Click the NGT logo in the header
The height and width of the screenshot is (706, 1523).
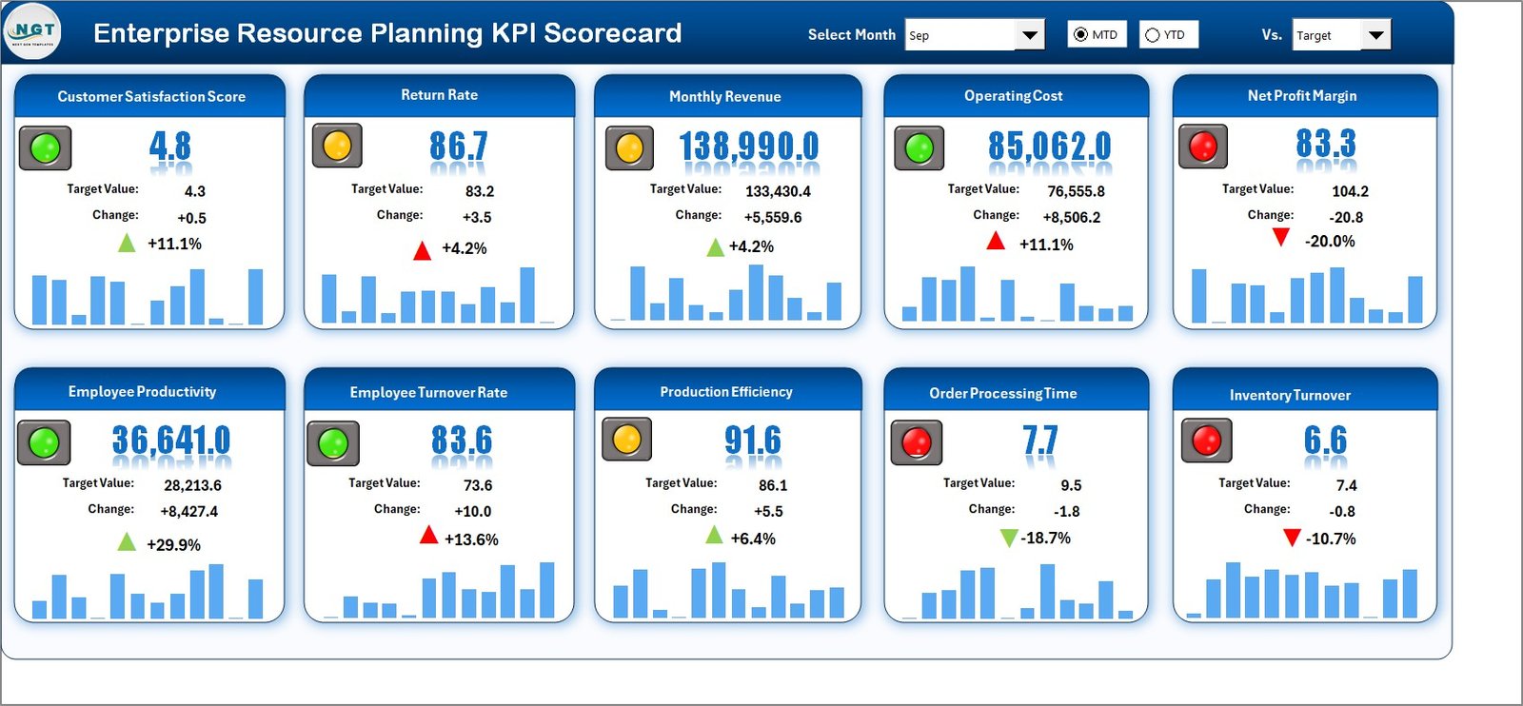(x=33, y=31)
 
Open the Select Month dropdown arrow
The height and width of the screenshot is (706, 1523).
(x=1029, y=35)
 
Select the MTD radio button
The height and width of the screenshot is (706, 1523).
(x=1080, y=35)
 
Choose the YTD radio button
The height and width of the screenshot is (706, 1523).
(x=1153, y=35)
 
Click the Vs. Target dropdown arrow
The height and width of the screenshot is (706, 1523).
(x=1375, y=35)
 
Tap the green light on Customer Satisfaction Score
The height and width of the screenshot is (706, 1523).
(x=45, y=148)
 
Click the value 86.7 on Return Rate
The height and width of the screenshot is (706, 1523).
(x=458, y=146)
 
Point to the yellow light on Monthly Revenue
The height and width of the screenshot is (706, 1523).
(x=629, y=148)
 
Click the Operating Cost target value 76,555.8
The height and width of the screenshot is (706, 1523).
(x=1076, y=191)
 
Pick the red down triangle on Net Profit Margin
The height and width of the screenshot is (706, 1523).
(x=1281, y=237)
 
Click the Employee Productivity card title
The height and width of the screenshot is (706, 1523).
(x=142, y=392)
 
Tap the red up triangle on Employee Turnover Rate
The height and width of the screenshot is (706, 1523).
(x=428, y=536)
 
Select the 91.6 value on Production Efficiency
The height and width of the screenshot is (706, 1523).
(x=752, y=440)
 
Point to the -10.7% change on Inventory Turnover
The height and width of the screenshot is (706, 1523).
(x=1331, y=539)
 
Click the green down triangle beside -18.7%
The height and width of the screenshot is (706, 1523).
(x=1009, y=539)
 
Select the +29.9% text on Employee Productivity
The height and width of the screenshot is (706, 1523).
(x=173, y=545)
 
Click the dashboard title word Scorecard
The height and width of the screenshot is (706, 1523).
(x=612, y=33)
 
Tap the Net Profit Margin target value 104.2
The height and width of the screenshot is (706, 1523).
(x=1350, y=191)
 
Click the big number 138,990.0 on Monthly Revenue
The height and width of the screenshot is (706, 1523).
(x=748, y=147)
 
